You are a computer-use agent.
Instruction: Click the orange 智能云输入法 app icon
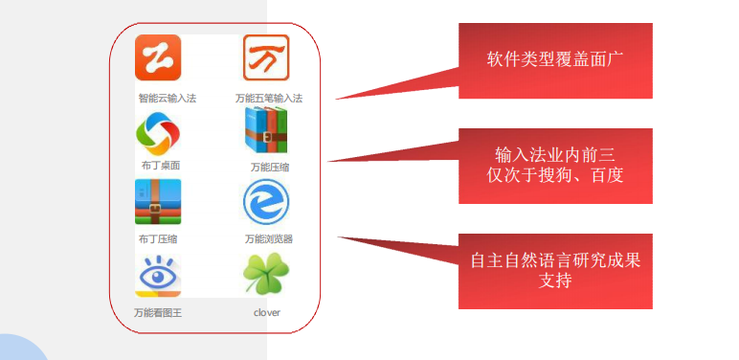[158, 58]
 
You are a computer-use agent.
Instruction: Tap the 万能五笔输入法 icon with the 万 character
[266, 58]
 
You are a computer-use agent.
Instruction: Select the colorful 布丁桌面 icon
[158, 134]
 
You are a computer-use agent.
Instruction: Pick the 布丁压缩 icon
[158, 202]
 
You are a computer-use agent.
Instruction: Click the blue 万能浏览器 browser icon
[266, 203]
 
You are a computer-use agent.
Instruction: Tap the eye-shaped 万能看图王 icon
[158, 275]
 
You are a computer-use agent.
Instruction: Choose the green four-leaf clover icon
[266, 276]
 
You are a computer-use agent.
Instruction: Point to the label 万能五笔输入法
[269, 98]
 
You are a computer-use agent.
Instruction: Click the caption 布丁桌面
[161, 166]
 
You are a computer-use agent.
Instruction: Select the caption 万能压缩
[270, 167]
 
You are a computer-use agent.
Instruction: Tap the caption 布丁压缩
[158, 239]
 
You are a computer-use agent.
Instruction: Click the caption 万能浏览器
[270, 239]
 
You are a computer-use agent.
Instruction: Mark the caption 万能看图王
[160, 312]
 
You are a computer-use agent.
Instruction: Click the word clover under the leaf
[267, 312]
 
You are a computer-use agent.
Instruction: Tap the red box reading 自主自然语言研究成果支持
[555, 270]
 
